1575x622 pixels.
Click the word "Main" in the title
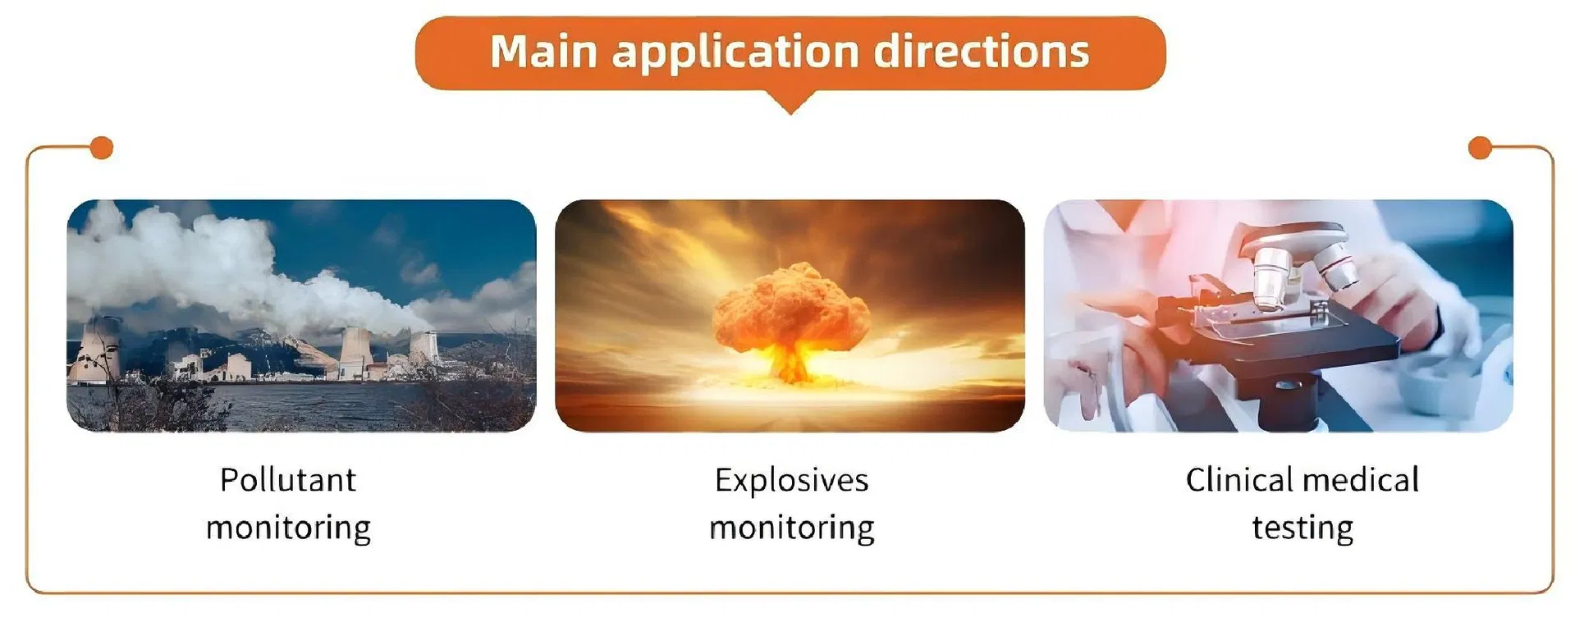(x=543, y=51)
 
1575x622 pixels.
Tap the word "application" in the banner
(x=735, y=53)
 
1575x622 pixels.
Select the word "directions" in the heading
(x=982, y=51)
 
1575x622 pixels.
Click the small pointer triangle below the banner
(x=790, y=102)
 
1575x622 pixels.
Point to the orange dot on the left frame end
(x=101, y=148)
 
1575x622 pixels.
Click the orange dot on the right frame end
(x=1479, y=148)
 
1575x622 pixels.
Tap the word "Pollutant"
(x=288, y=479)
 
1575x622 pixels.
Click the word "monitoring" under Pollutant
(x=288, y=528)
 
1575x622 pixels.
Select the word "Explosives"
(x=791, y=481)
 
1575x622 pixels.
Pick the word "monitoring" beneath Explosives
(x=791, y=528)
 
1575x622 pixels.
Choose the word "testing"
(x=1303, y=528)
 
